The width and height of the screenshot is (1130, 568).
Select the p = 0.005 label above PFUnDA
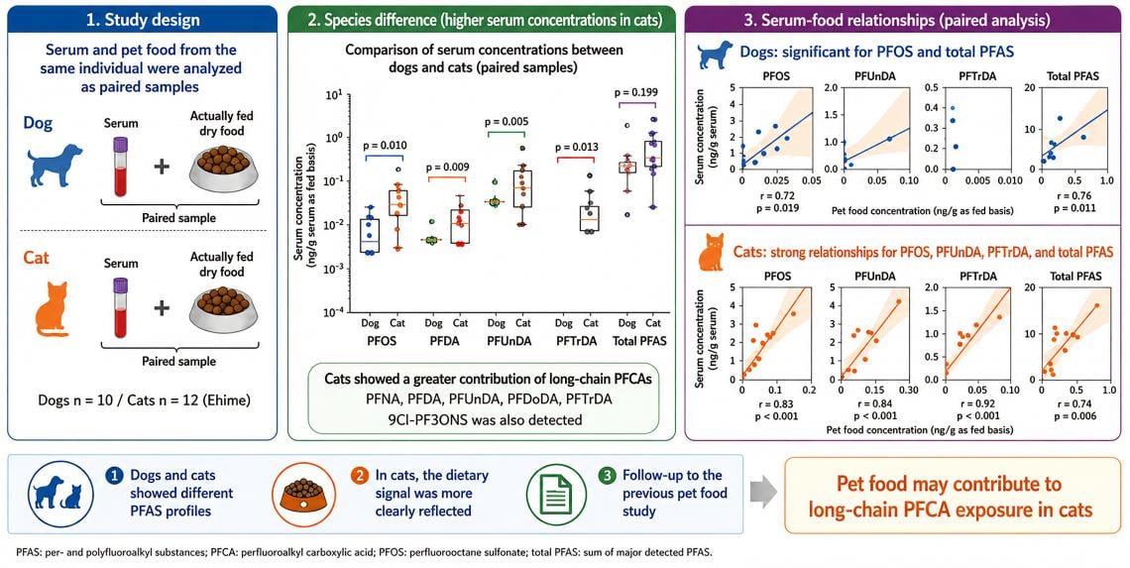[x=508, y=121]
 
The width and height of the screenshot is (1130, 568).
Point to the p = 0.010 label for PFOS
[x=384, y=147]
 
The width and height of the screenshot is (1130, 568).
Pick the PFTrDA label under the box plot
[x=577, y=341]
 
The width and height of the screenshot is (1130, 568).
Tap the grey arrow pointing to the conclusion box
[x=763, y=494]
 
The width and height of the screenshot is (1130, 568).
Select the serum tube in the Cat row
[x=120, y=307]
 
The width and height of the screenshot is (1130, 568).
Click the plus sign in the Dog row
[x=163, y=167]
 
